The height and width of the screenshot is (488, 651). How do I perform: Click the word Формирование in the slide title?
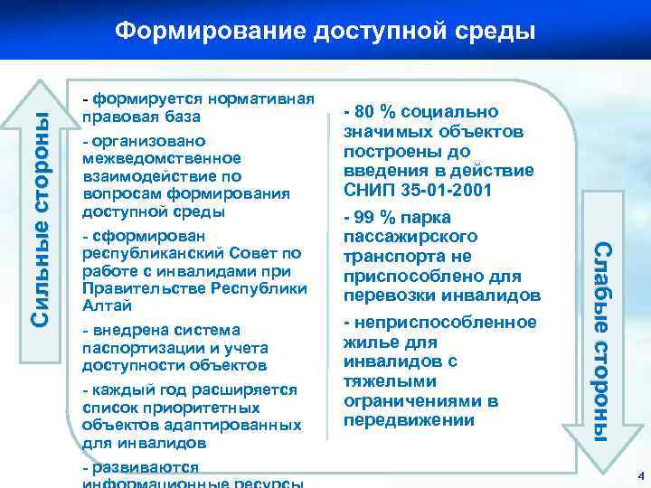coord(210,31)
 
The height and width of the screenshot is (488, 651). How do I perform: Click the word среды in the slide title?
coord(493,31)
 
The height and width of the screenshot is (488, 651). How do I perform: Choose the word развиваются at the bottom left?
coord(140,467)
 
